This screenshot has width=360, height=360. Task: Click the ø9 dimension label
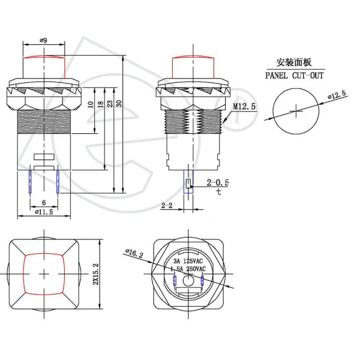point(43,40)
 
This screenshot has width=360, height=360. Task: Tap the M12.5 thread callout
point(244,106)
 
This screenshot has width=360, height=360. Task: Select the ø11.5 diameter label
point(44,212)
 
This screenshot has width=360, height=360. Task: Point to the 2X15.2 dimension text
point(95,274)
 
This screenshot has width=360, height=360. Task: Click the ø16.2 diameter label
point(134,253)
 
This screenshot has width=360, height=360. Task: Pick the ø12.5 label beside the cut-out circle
point(337,95)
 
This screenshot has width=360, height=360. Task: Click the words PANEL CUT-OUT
point(295,76)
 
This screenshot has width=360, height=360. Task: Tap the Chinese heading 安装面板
point(293,62)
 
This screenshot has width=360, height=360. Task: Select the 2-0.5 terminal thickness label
point(218,182)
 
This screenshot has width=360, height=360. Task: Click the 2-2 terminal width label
point(167,205)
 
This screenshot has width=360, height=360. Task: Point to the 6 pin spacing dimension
point(44,203)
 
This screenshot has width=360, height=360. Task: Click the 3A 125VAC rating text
point(188,261)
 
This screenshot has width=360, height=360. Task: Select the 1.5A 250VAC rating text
point(188,269)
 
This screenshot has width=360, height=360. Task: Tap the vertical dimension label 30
point(119,104)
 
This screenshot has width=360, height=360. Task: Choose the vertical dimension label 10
point(91,104)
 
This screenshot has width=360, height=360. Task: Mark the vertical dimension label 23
point(110,104)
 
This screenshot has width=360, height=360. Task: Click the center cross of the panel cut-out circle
point(296,111)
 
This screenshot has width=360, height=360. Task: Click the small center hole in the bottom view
point(188,281)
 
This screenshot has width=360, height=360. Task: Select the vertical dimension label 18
point(101,104)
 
